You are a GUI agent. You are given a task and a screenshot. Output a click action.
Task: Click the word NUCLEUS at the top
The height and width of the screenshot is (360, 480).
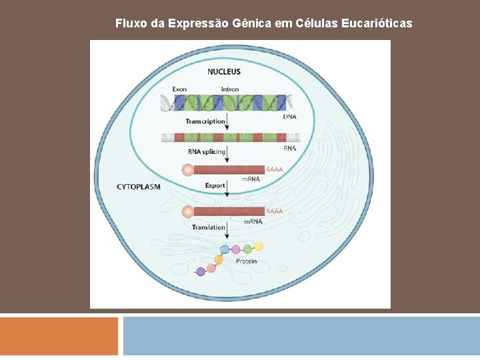coord(224,71)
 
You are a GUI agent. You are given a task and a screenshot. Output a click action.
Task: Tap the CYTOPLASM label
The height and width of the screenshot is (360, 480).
coord(139,187)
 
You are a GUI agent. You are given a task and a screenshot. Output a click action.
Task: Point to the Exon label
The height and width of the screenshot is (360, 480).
coord(179,89)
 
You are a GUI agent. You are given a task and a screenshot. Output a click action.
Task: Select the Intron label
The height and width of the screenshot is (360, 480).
coord(230,89)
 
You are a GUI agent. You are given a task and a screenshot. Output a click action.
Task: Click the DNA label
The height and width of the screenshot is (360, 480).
coord(290,117)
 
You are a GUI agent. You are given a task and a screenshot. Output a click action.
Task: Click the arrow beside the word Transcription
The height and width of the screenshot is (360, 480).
coord(228,121)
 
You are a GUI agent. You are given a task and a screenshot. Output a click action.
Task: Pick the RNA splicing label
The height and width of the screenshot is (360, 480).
coord(207,151)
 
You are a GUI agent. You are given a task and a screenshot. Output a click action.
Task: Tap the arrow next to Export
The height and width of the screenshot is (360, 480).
coord(228,187)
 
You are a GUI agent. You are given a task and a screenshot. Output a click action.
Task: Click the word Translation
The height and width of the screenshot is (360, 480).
coord(209,227)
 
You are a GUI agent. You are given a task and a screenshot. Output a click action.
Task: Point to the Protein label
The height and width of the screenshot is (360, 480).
coord(246,261)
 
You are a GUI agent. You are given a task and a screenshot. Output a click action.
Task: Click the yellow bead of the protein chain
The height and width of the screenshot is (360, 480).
coord(258,246)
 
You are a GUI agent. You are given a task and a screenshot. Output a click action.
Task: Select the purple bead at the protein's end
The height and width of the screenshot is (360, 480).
coord(201,271)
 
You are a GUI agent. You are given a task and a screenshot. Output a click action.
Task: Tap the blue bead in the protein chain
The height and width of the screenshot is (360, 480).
coord(225,250)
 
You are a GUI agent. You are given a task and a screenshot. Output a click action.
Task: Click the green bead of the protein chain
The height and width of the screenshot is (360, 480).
coord(247,249)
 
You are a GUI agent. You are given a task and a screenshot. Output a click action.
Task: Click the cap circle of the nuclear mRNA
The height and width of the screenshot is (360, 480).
coord(189,170)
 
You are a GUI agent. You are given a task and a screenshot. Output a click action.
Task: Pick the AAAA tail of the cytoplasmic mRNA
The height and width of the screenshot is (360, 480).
coord(274,211)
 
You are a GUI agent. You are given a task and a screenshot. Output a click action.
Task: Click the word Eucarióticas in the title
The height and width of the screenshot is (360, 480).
coord(379,23)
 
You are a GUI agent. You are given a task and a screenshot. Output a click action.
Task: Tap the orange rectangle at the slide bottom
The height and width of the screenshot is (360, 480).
coord(59,336)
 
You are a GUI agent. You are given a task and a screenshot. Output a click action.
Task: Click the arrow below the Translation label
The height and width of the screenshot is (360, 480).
coord(228,231)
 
